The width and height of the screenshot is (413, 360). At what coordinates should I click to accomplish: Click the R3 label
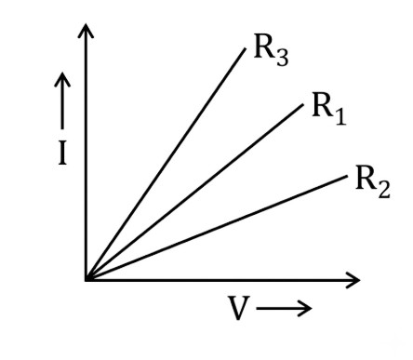point(271,50)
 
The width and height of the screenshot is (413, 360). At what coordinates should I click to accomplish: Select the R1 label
point(328,109)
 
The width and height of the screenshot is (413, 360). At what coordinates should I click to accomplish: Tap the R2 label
point(373,181)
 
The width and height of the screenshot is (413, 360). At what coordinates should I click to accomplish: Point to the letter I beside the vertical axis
point(62,153)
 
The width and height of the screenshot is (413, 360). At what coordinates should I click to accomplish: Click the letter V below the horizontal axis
point(239,308)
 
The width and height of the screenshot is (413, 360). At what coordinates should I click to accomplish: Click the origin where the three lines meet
point(87,279)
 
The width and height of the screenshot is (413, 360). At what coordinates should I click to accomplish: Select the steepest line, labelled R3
point(166,164)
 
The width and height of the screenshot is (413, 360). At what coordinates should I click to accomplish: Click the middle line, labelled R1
point(194,193)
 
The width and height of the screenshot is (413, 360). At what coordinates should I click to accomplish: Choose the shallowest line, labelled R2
point(217,228)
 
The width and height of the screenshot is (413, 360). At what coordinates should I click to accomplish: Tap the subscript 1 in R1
point(340,116)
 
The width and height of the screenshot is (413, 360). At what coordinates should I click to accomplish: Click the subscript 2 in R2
point(384,189)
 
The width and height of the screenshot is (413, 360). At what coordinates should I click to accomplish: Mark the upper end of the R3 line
point(246,48)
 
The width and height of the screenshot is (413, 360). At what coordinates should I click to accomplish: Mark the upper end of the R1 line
point(303,105)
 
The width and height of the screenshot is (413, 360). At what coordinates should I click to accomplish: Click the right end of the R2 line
point(348,176)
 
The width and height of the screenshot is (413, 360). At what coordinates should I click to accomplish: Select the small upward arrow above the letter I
point(62,100)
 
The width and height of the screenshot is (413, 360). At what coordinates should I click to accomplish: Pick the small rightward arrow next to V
point(284,308)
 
